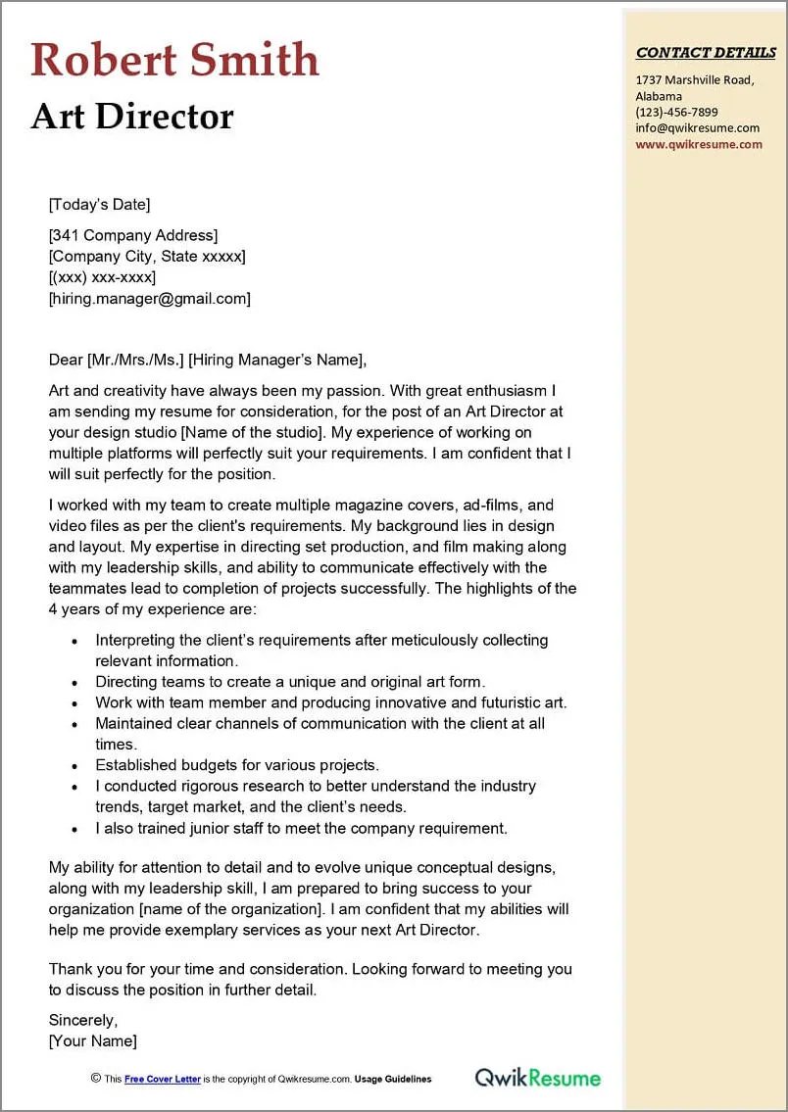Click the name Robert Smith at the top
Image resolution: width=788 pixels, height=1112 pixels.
(174, 60)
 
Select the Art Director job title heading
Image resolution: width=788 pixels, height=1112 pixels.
(132, 117)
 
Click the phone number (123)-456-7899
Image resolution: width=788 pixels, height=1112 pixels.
(676, 112)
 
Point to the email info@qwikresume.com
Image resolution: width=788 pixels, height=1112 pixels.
(697, 127)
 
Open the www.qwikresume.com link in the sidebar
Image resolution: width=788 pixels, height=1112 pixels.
(698, 144)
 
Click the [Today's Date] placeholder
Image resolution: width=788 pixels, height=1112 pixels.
(99, 205)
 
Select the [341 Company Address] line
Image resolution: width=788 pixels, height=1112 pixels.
(133, 235)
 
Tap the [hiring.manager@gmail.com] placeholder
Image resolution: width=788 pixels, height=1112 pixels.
(150, 299)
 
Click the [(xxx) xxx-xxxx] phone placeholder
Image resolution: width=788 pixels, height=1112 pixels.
(102, 277)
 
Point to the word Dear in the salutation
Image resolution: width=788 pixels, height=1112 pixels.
(66, 360)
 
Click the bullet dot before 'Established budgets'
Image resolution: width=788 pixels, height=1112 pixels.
(74, 765)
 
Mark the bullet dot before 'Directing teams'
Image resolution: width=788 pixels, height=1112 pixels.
(74, 682)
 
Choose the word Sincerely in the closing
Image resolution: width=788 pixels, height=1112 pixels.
(83, 1020)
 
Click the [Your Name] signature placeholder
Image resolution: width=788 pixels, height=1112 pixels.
(93, 1040)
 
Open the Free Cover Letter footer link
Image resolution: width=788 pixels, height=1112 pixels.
(163, 1079)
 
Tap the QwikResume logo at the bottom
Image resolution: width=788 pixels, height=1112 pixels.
(538, 1078)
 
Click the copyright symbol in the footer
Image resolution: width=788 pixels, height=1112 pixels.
(96, 1078)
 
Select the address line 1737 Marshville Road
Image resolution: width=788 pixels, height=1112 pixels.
(694, 80)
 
